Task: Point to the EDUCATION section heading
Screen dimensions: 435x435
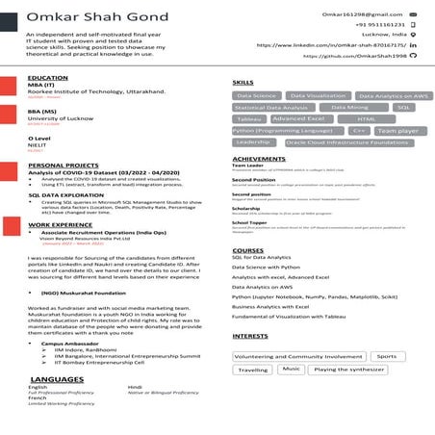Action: (48, 77)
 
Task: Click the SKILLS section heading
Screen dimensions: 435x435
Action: (243, 83)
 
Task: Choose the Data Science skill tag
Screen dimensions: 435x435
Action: (257, 96)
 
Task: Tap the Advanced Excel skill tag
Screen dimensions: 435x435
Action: (299, 118)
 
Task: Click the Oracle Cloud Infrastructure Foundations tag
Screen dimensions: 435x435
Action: (347, 141)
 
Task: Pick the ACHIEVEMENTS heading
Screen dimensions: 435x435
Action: (259, 158)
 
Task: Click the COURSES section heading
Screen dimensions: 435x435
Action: (247, 250)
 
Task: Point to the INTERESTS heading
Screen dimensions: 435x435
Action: (251, 336)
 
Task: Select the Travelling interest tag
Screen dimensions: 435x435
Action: (254, 369)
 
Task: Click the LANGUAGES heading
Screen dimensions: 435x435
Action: (57, 379)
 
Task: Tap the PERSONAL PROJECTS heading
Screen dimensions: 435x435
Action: (63, 165)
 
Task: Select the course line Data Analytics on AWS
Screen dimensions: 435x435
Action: (269, 287)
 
